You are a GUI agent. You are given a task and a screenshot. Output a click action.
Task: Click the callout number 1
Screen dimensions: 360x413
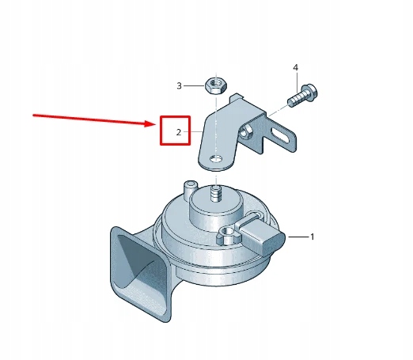pyautogui.click(x=312, y=237)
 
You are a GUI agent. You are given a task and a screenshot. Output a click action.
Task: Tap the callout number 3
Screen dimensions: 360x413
pyautogui.click(x=180, y=85)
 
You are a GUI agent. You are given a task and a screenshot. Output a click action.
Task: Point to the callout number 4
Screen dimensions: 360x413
pyautogui.click(x=296, y=68)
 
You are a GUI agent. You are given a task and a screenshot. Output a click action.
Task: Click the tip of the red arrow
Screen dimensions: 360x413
pyautogui.click(x=154, y=124)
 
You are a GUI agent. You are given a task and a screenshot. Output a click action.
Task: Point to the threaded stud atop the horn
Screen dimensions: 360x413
pyautogui.click(x=214, y=192)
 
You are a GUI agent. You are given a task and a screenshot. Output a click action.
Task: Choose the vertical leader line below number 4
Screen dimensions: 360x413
pyautogui.click(x=297, y=79)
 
